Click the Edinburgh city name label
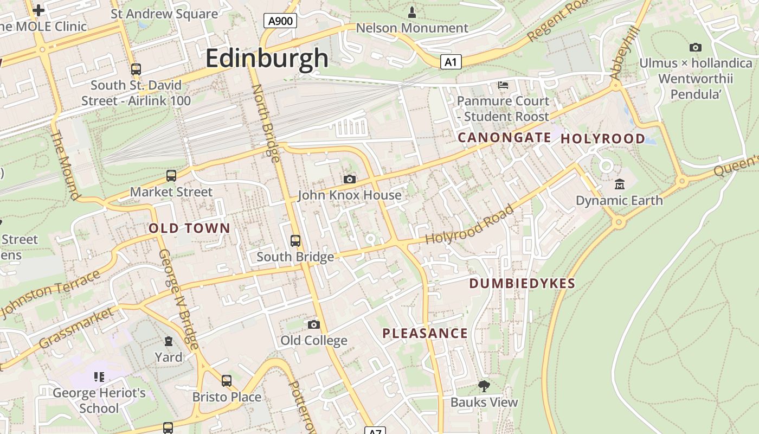point(267,58)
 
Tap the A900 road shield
point(280,21)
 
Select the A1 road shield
point(451,62)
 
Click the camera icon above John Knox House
point(350,179)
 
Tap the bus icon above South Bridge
point(295,240)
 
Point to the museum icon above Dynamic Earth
point(619,184)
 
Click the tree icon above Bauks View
point(484,386)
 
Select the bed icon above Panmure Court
point(503,85)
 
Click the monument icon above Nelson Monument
point(412,12)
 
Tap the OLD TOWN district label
point(190,228)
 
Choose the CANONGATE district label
point(504,138)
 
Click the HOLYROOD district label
point(603,139)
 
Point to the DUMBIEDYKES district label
point(522,283)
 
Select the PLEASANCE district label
point(425,333)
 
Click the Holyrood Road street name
point(469,224)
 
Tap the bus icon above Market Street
point(171,176)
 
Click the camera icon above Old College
point(313,324)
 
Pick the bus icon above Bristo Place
point(227,381)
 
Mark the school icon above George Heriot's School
point(99,376)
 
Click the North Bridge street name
point(266,123)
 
